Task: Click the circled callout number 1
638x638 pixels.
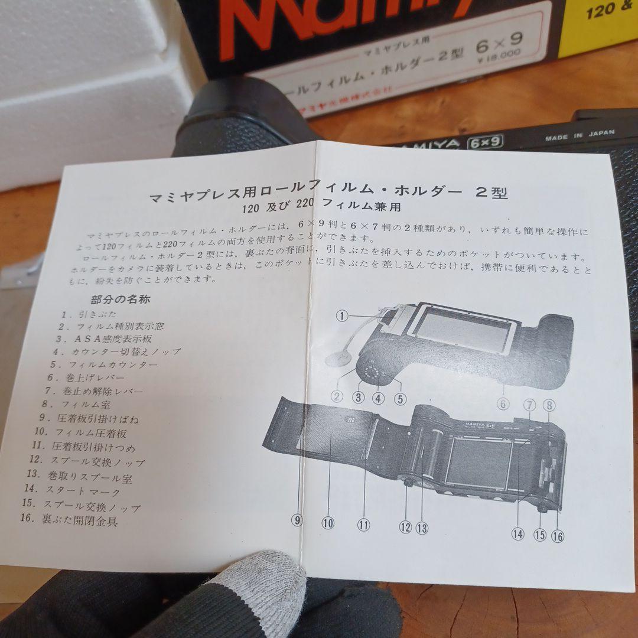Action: pyautogui.click(x=341, y=315)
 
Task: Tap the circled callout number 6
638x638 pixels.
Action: pyautogui.click(x=503, y=404)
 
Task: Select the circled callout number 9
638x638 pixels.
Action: pyautogui.click(x=297, y=520)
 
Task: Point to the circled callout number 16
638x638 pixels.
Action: pyautogui.click(x=557, y=535)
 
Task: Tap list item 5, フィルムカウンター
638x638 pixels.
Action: pyautogui.click(x=104, y=364)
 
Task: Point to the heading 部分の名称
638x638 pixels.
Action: pyautogui.click(x=121, y=299)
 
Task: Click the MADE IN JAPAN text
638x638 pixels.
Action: pyautogui.click(x=580, y=135)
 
